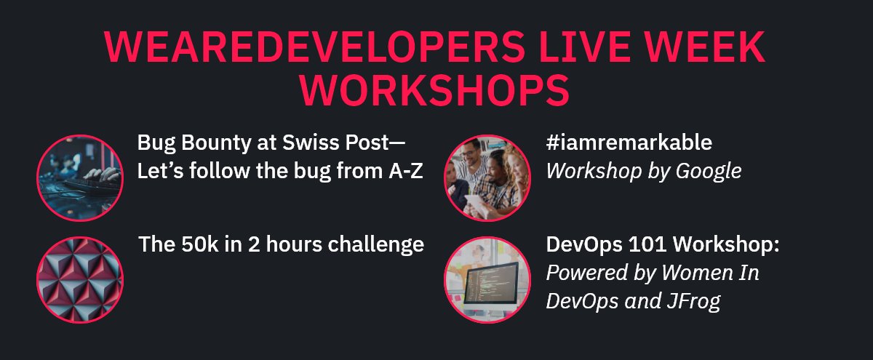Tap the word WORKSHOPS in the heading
(436, 89)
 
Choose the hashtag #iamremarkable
(629, 143)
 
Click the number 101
(643, 244)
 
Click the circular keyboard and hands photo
(79, 177)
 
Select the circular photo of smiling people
(487, 177)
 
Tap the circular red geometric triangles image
(79, 280)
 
